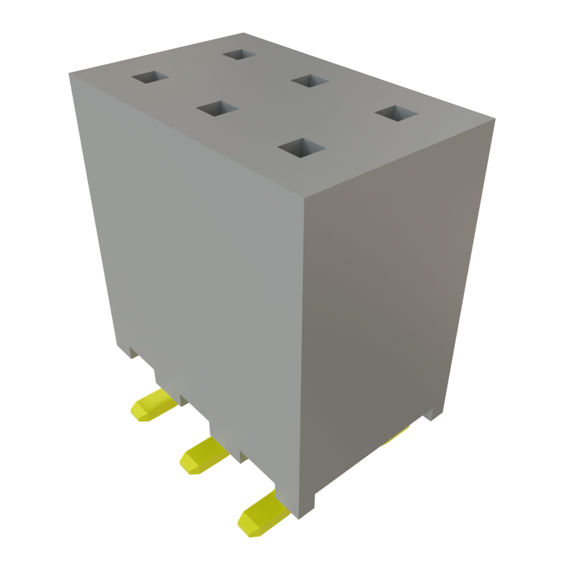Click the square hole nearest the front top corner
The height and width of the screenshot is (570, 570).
coord(301,148)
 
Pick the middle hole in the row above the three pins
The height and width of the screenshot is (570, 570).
coord(217,109)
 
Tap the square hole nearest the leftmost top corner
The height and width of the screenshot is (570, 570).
coord(150,77)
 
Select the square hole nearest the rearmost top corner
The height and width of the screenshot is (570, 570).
coord(240,55)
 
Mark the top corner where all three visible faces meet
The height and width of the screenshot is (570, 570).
coord(304,198)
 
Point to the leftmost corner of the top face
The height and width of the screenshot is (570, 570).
coord(68,73)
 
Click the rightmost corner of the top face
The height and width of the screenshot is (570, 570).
coord(495,118)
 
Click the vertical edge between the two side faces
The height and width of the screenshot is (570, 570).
coord(303,356)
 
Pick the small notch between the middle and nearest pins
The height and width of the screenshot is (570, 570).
coord(243,457)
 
